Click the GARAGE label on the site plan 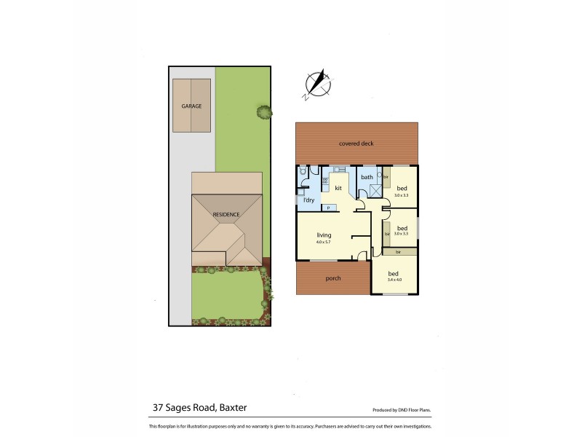[x=191, y=106]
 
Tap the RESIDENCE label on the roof [x=226, y=215]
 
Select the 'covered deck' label [x=356, y=143]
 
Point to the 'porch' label [x=333, y=278]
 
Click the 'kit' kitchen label [x=338, y=188]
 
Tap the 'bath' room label [x=367, y=177]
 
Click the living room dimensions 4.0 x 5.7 [x=324, y=242]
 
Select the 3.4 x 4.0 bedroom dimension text [x=395, y=279]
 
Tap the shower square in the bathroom [x=376, y=191]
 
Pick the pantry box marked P [x=328, y=208]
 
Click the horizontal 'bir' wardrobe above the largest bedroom [x=398, y=252]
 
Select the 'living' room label [x=324, y=235]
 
